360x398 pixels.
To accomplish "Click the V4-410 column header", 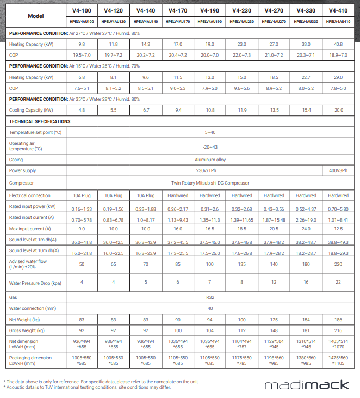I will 338,10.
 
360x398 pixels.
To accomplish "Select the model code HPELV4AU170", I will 178,21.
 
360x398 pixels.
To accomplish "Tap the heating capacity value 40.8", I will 338,44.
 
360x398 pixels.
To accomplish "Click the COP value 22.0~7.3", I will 242,55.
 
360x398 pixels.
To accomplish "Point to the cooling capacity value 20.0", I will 338,110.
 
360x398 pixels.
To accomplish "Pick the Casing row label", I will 16,160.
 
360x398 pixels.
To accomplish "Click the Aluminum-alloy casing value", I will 209,160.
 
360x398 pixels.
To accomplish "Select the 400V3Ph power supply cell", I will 338,170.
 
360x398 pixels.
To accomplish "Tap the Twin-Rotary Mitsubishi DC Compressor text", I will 209,183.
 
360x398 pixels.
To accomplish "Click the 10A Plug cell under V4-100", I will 82,195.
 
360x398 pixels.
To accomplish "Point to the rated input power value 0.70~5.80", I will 338,207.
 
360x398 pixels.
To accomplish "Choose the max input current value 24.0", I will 306,229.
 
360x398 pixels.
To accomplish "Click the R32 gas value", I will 209,298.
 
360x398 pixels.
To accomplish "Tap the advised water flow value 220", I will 338,264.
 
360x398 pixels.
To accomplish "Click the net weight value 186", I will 338,320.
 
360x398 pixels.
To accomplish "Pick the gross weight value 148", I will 274,330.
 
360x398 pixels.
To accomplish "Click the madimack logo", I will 306,385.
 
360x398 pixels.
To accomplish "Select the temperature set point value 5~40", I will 209,132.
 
